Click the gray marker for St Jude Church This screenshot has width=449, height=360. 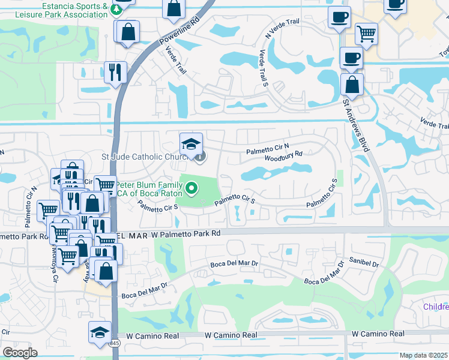199,157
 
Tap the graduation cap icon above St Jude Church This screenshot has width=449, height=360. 191,143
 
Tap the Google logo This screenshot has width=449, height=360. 19,353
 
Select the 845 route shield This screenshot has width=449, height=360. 114,344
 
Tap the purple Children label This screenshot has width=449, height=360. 436,307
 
